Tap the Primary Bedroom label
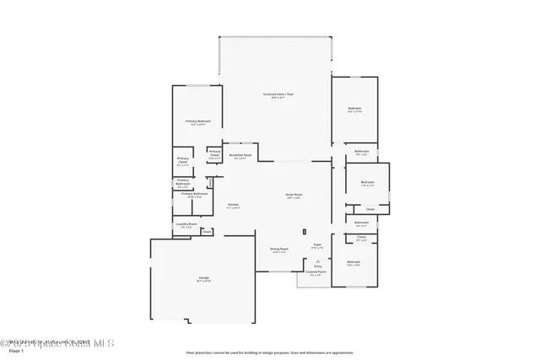point(197,121)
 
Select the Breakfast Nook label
point(239,155)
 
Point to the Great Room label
point(294,195)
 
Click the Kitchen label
point(234,205)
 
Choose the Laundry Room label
point(184,224)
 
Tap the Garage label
point(203,277)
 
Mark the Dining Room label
point(278,249)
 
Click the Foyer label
point(317,244)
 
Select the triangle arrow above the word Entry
point(317,261)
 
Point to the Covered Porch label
point(315,272)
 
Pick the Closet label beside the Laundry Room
point(207,231)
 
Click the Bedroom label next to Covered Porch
point(354,261)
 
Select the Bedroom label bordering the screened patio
point(354,108)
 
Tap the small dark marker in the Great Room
point(305,231)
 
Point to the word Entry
point(317,266)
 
